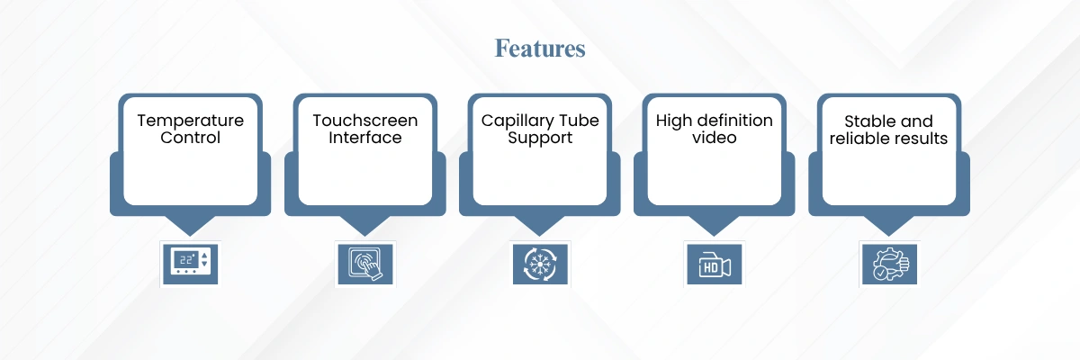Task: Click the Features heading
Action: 540,49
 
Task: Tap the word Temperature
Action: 191,121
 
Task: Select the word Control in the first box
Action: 191,138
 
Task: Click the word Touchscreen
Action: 365,121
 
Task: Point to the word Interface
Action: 365,138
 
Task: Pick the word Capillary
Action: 518,121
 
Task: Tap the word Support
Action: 540,139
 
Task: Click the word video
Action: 714,138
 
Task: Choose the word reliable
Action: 859,139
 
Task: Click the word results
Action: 920,139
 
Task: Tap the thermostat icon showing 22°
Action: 191,264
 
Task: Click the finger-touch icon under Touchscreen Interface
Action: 365,264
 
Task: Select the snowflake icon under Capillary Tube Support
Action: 540,264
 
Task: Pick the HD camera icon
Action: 715,264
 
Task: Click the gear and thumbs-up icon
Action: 889,264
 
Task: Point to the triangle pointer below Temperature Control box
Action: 191,225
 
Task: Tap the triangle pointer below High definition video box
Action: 714,225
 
